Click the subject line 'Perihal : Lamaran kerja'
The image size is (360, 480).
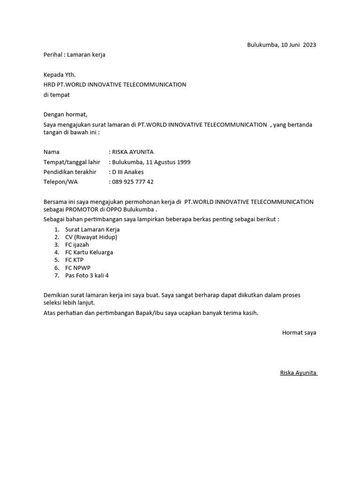coord(75,55)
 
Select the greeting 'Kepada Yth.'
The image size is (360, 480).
coord(60,75)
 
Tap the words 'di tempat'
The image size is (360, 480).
coord(57,95)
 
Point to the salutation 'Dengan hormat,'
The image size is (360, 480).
coord(66,114)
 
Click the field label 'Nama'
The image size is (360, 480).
coord(52,152)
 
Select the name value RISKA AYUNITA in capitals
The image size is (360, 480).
coord(133,152)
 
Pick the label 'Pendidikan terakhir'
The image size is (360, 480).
coord(70,172)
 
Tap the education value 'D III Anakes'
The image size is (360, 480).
coord(128,172)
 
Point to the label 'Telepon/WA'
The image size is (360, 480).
coord(60,182)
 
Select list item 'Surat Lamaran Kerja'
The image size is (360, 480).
coord(92,230)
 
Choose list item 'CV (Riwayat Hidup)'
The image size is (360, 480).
coord(91,237)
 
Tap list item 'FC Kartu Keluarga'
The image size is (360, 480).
coord(89,252)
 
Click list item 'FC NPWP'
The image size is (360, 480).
coord(78,268)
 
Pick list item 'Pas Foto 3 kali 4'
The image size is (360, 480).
coord(87,275)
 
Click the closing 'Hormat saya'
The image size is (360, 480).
coord(299,332)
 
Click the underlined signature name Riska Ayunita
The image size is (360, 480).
coord(298,373)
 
